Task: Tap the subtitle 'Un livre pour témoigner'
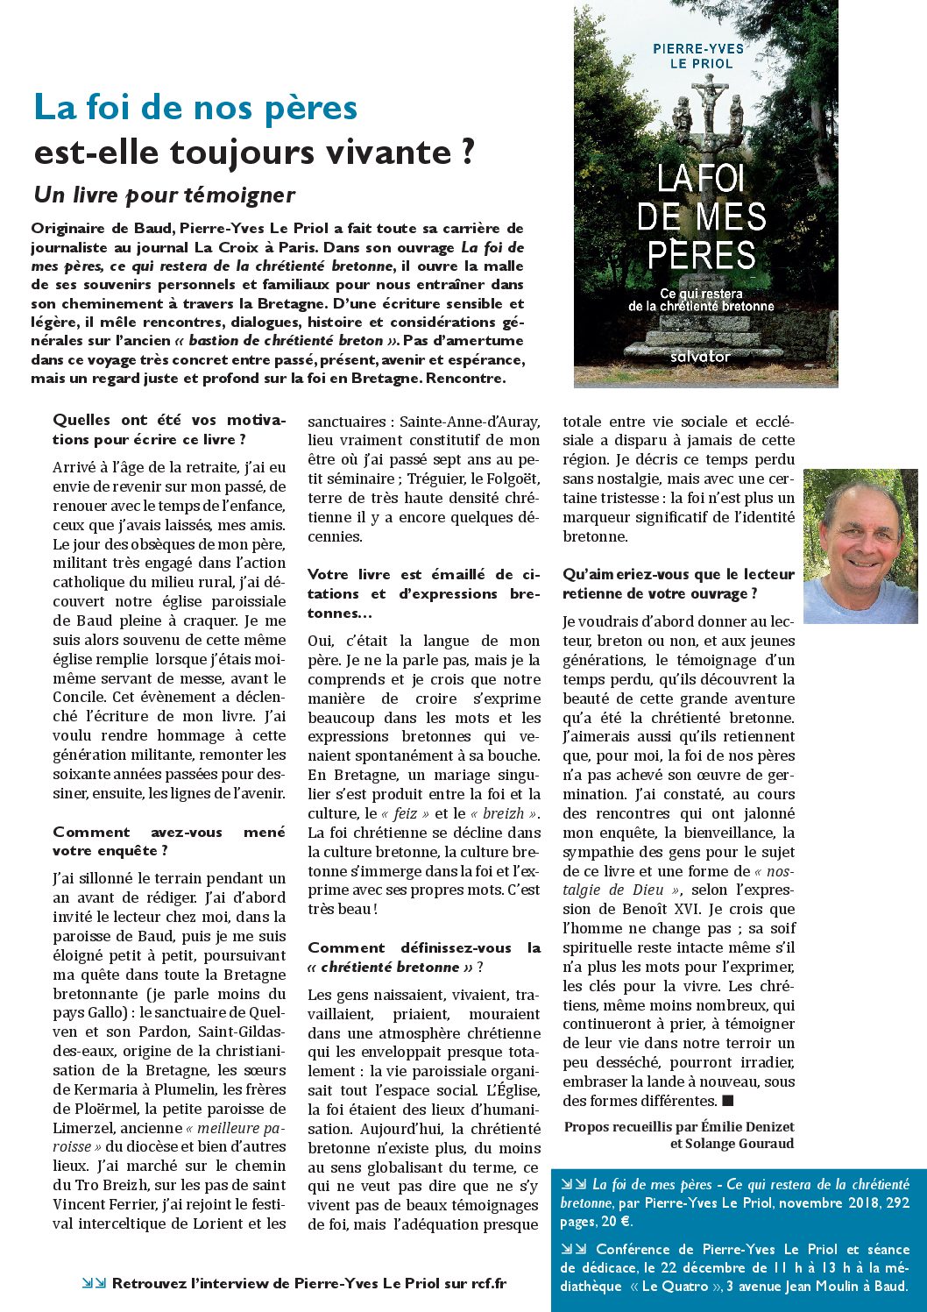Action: point(164,195)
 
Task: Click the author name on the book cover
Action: point(698,56)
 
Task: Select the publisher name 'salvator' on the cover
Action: point(699,357)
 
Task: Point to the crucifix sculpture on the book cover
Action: point(706,105)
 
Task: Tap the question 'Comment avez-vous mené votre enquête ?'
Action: point(168,841)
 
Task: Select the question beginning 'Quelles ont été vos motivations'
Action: point(168,429)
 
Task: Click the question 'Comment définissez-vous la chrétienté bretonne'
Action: point(423,957)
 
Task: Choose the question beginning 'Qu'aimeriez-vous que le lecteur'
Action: point(678,584)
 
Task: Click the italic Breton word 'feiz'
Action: point(405,813)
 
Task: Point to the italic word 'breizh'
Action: point(504,813)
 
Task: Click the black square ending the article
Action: point(727,1101)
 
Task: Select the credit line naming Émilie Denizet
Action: point(679,1127)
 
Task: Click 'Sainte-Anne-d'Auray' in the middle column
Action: point(470,422)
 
